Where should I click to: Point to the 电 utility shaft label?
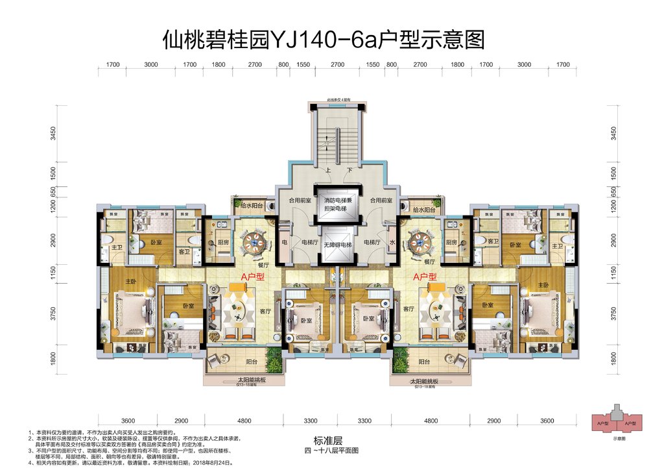click(285, 242)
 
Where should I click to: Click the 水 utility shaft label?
click(393, 242)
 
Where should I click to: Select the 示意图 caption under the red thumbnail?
click(618, 438)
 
